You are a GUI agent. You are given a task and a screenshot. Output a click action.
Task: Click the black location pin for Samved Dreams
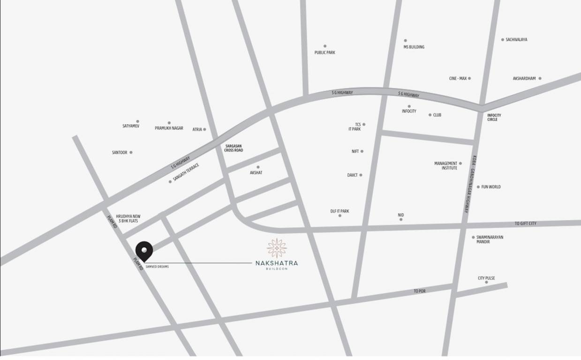[144, 250]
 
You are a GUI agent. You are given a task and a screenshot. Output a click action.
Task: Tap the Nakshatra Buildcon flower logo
[277, 247]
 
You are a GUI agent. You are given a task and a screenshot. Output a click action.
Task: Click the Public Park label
[324, 52]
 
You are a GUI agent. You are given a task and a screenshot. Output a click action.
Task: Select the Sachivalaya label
[516, 40]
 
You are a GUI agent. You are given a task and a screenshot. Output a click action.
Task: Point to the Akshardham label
[524, 79]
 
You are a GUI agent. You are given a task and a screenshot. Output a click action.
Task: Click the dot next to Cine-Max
[469, 78]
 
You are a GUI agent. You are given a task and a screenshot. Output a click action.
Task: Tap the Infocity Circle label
[494, 117]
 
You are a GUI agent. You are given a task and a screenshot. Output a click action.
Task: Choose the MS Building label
[414, 47]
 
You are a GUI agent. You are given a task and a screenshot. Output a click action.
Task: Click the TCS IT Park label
[355, 127]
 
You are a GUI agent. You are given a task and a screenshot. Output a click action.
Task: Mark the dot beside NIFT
[362, 151]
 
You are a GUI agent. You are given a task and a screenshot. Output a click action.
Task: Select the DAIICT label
[352, 175]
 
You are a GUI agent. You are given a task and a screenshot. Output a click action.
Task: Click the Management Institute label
[445, 165]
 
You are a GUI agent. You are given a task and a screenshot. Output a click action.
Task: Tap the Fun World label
[490, 187]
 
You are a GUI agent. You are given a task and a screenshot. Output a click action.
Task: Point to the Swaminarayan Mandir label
[490, 240]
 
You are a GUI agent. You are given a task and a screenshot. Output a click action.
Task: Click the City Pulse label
[486, 278]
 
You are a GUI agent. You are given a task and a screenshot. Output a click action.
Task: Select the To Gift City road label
[525, 224]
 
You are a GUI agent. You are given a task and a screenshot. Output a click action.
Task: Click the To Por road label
[419, 291]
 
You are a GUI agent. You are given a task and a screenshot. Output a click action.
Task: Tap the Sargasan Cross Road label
[234, 148]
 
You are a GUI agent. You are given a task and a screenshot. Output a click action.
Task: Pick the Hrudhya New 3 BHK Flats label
[128, 218]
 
